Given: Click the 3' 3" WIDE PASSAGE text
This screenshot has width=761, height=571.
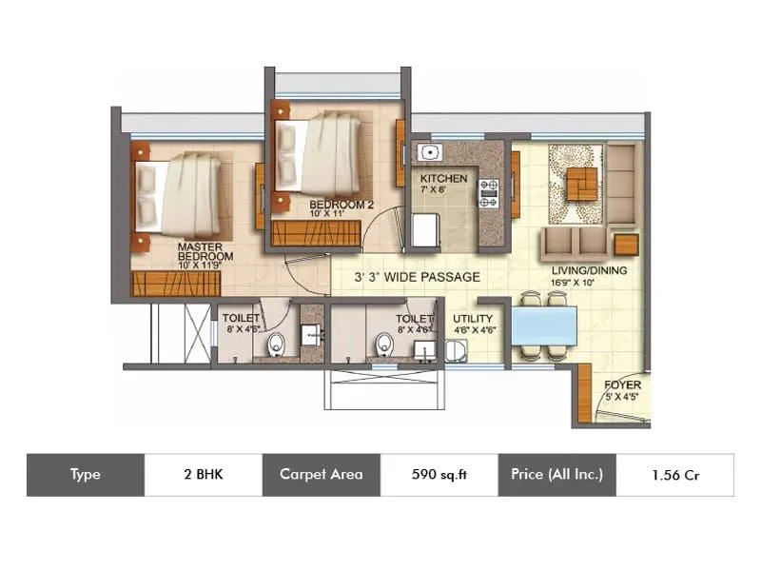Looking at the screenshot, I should coord(417,277).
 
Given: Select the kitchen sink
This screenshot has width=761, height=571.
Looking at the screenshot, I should coord(429,152).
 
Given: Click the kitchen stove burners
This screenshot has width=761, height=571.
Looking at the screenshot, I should coord(489,192).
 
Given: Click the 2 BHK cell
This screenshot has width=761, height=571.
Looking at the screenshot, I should coord(205,474).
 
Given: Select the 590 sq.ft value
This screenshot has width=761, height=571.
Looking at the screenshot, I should coord(439,474).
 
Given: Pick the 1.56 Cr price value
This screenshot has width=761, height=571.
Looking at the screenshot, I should coord(675,474).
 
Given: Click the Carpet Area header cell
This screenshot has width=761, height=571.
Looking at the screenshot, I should coord(321,474).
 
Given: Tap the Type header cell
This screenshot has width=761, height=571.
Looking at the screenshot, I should coord(85,474).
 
